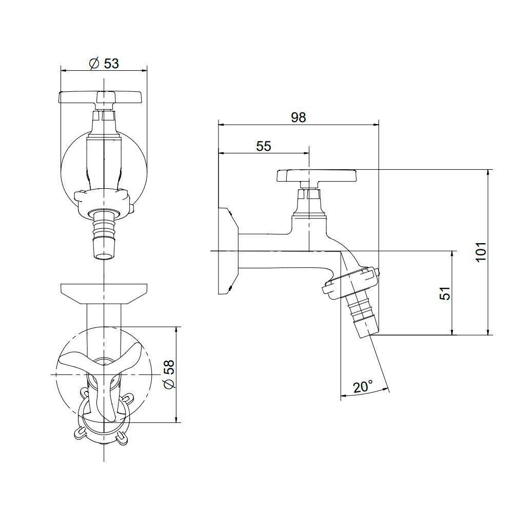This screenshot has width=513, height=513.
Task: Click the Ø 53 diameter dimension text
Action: coord(104,63)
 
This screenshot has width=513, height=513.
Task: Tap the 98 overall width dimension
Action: coord(298,117)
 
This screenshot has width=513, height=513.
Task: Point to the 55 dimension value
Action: coord(263,146)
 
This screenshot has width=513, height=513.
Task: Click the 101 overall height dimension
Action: coord(480,252)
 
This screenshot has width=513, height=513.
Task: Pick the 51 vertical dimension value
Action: coord(445,293)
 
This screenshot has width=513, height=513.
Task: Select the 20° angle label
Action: coord(363,386)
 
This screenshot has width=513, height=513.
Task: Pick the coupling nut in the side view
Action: coord(351,282)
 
